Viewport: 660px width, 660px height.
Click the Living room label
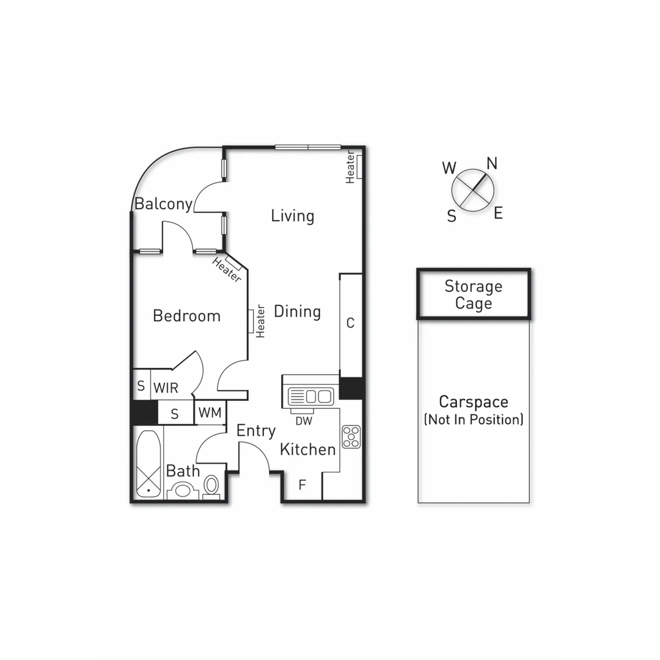(x=293, y=216)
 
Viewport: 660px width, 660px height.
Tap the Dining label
(x=297, y=312)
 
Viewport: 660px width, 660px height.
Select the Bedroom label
(x=186, y=316)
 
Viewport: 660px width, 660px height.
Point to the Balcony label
(x=163, y=204)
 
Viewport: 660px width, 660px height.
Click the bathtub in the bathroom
(x=148, y=463)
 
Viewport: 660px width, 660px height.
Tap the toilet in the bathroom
(x=211, y=485)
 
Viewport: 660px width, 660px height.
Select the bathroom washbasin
(x=183, y=491)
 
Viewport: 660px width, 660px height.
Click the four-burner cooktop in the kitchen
(x=351, y=436)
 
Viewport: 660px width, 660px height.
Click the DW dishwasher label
(x=303, y=420)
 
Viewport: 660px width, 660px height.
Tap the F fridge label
(x=302, y=486)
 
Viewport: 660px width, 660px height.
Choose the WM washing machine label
(x=210, y=413)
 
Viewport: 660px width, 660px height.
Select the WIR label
(x=166, y=388)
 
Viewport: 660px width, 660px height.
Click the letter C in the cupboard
(x=350, y=323)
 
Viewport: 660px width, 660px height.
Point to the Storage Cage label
(x=473, y=295)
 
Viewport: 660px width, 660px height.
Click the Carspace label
(x=474, y=402)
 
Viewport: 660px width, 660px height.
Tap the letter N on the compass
(x=491, y=163)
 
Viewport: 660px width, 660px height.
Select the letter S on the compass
(x=452, y=216)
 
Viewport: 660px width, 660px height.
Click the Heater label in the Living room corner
(x=351, y=167)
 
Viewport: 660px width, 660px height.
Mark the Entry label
(x=256, y=431)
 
